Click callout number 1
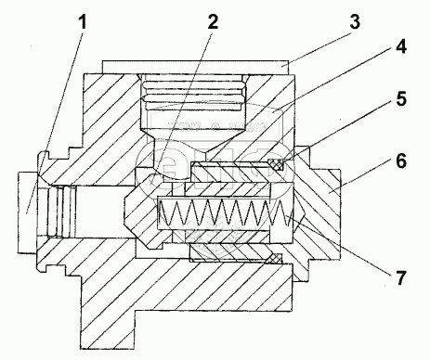(82, 22)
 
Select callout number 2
(213, 22)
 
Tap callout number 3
(355, 22)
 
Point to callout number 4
(400, 47)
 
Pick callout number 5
(401, 99)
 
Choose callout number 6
(401, 161)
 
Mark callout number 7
(400, 277)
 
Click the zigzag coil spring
(225, 212)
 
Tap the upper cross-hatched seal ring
(276, 164)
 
